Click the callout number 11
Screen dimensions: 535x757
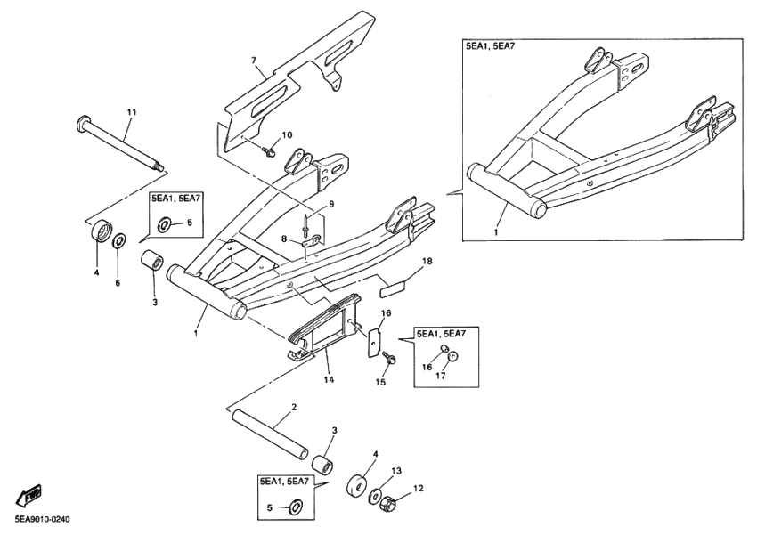click(132, 111)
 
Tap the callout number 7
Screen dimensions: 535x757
click(254, 61)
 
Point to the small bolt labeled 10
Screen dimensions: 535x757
click(268, 153)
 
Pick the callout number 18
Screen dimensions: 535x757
click(427, 262)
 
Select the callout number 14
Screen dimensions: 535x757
click(328, 379)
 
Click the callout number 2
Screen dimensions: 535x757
click(293, 408)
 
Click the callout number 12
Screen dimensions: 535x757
click(419, 488)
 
